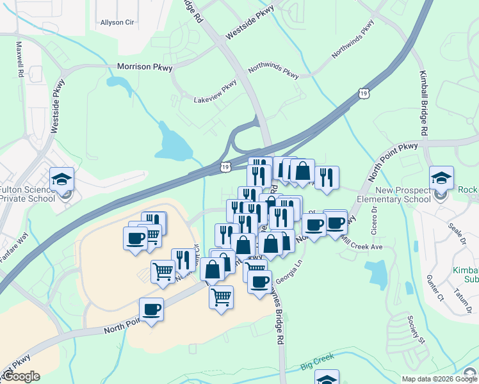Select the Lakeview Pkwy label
pyautogui.click(x=216, y=93)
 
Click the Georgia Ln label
pyautogui.click(x=289, y=275)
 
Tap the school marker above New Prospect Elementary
pyautogui.click(x=441, y=179)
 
